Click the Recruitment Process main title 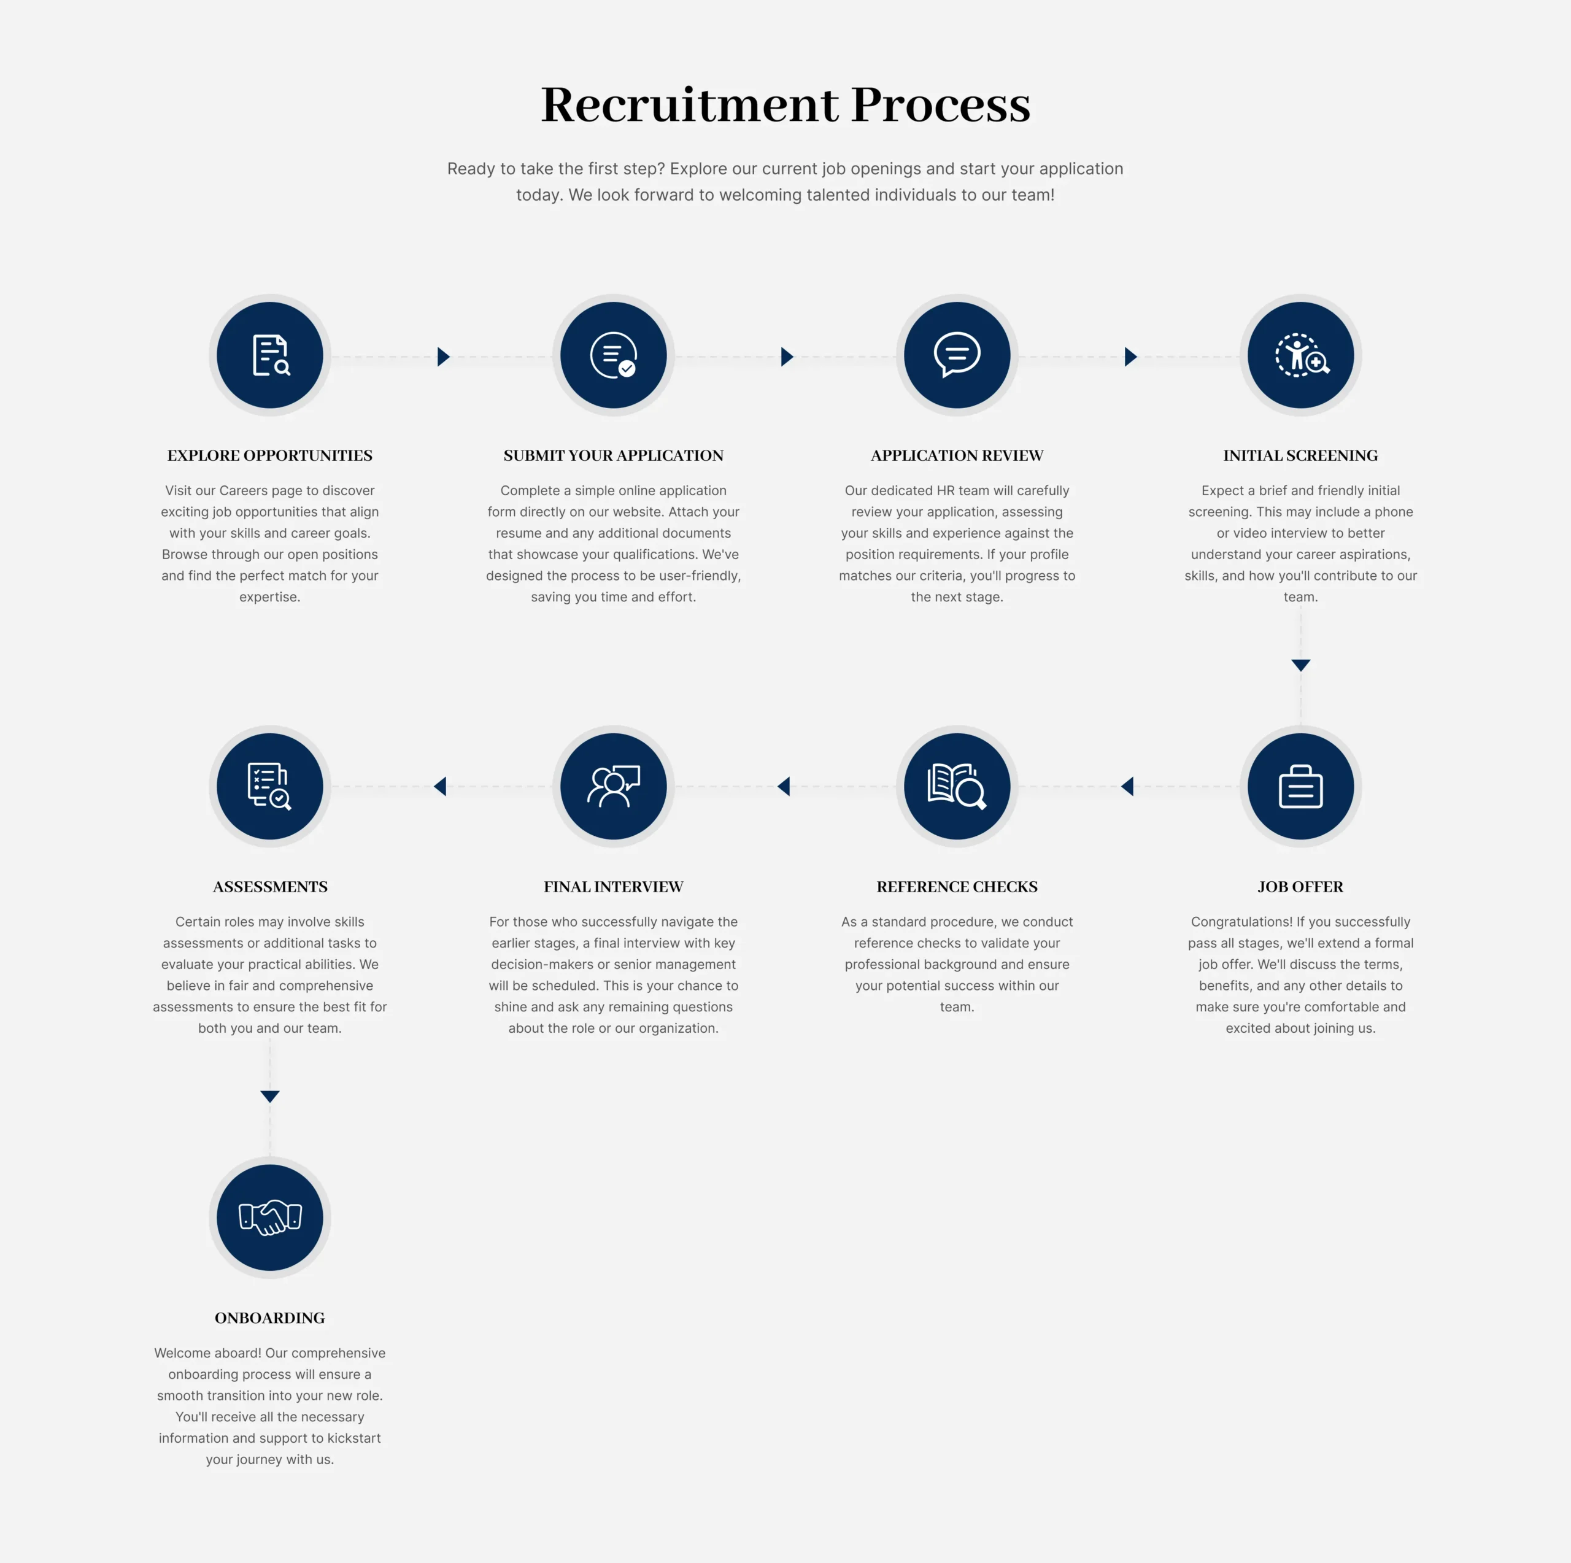(785, 104)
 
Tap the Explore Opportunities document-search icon (270, 355)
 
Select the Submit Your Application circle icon (613, 355)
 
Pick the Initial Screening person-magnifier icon (1300, 355)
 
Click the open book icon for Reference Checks (957, 786)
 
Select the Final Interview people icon (613, 786)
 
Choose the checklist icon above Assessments (270, 786)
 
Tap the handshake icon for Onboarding (270, 1218)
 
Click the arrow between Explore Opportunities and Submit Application (443, 356)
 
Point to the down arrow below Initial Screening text (1300, 665)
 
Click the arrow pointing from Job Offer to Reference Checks (1127, 786)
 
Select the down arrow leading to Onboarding (270, 1096)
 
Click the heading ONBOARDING (270, 1318)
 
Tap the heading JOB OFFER (1300, 886)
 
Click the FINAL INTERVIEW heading (613, 886)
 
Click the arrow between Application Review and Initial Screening (1130, 356)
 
